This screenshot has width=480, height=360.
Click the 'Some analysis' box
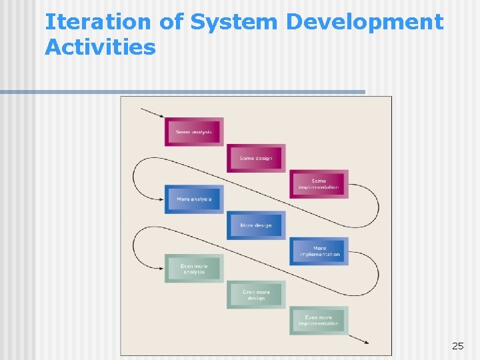(x=194, y=131)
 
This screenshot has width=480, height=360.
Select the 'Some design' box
(x=256, y=158)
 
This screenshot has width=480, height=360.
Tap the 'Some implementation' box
(x=319, y=184)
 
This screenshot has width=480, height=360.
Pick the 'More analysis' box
(x=194, y=199)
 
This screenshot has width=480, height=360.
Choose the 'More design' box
(x=256, y=225)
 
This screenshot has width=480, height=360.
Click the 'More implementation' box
(x=319, y=251)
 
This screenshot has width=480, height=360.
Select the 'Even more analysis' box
(x=194, y=269)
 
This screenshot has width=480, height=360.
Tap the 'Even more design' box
(x=256, y=295)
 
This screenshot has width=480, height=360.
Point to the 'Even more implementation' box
(x=319, y=321)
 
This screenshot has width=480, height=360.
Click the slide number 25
(x=457, y=345)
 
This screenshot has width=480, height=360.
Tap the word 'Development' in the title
(x=364, y=22)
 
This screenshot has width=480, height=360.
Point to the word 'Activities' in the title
(x=100, y=47)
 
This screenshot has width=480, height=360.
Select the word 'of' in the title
(x=171, y=22)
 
